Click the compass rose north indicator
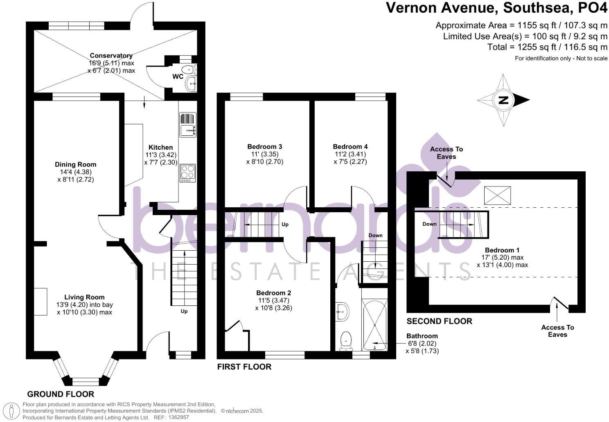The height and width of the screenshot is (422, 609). pyautogui.click(x=503, y=100)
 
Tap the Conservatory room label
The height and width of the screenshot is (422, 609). pyautogui.click(x=111, y=56)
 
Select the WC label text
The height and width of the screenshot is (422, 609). pyautogui.click(x=178, y=77)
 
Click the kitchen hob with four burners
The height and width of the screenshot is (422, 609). pyautogui.click(x=187, y=173)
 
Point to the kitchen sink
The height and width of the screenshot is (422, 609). pyautogui.click(x=187, y=130)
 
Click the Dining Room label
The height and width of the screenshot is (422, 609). pyautogui.click(x=76, y=164)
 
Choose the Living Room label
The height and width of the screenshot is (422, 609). pyautogui.click(x=84, y=297)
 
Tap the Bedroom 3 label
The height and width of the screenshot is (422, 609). pyautogui.click(x=264, y=147)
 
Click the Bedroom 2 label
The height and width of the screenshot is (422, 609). pyautogui.click(x=273, y=293)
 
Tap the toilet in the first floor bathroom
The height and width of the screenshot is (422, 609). pyautogui.click(x=346, y=341)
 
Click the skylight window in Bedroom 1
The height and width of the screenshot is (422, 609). pyautogui.click(x=497, y=195)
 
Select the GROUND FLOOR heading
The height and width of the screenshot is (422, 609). pyautogui.click(x=61, y=394)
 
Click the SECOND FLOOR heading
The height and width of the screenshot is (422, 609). pyautogui.click(x=439, y=321)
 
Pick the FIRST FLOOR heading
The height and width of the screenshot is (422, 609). pyautogui.click(x=244, y=367)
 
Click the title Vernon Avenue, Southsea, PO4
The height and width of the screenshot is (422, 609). pyautogui.click(x=497, y=8)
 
